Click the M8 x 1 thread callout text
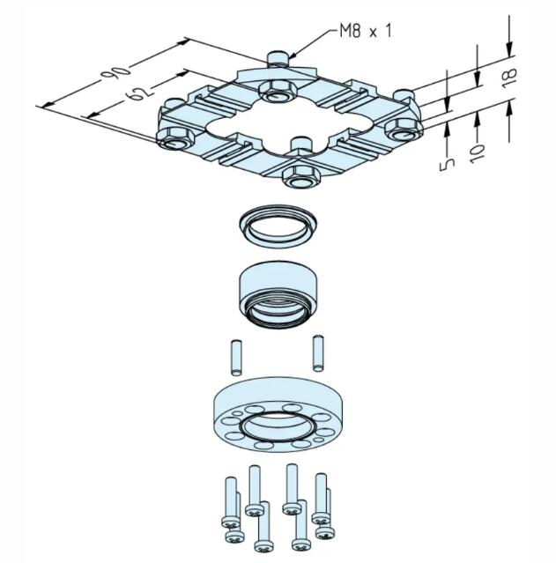tap(366, 31)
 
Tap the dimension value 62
tap(137, 93)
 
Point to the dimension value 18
tap(509, 78)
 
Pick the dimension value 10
tap(478, 153)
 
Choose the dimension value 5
tap(447, 165)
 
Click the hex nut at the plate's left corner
tap(174, 138)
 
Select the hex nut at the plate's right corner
tap(403, 130)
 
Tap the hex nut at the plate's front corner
tap(301, 177)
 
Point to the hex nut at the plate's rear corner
tap(278, 92)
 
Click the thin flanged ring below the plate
tap(278, 226)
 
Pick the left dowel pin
tap(235, 358)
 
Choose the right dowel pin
tap(318, 352)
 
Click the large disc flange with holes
tap(278, 413)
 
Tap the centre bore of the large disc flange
tap(278, 426)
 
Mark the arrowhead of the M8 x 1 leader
tap(292, 56)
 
